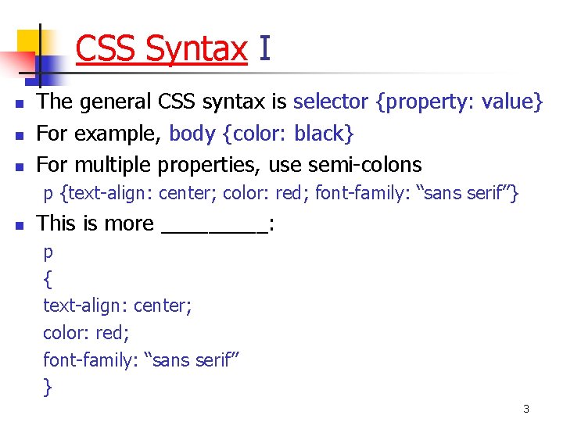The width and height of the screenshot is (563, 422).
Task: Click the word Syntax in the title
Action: tap(196, 49)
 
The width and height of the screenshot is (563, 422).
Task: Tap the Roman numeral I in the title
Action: tap(264, 49)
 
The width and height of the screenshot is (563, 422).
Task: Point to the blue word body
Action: tap(192, 134)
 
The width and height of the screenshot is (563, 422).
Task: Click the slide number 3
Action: tap(526, 409)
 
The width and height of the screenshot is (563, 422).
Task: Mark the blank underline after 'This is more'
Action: tap(213, 230)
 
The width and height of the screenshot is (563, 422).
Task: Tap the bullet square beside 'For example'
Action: tap(20, 135)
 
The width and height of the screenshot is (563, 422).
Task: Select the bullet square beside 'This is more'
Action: tap(20, 225)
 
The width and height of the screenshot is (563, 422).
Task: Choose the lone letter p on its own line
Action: tap(48, 253)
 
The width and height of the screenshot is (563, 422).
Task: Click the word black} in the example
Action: tap(324, 134)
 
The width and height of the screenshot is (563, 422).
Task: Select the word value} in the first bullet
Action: tap(512, 102)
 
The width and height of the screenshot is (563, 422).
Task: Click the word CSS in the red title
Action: tap(107, 49)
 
